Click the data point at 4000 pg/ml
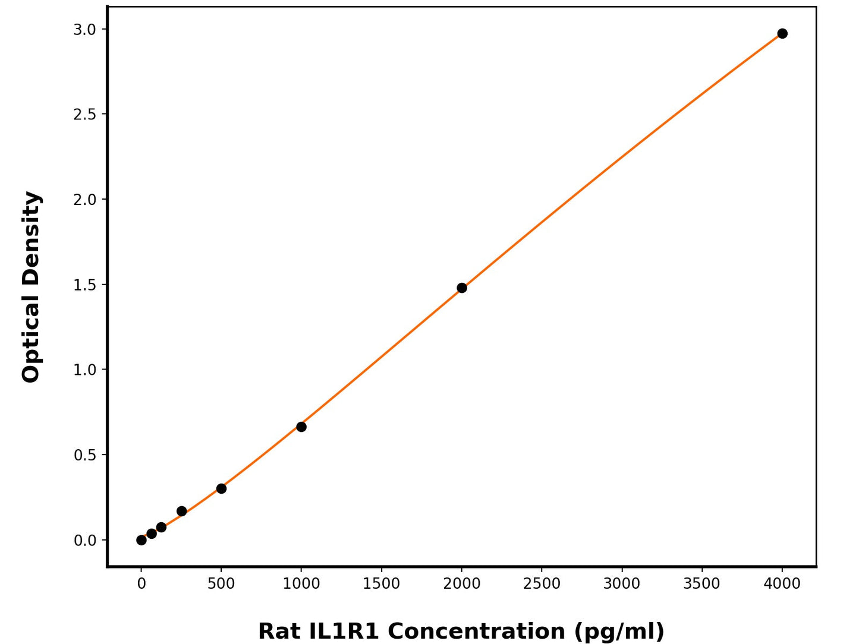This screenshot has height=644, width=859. tap(782, 33)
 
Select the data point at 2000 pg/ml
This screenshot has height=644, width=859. tap(462, 288)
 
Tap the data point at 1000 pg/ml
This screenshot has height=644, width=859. tap(301, 427)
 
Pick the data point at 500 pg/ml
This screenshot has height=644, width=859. tap(221, 488)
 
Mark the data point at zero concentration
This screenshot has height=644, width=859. tap(141, 540)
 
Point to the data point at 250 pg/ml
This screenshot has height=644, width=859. tap(181, 511)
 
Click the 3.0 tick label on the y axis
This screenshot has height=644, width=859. tap(84, 29)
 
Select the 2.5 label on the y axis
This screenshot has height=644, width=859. tap(84, 114)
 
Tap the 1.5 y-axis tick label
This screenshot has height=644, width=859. tap(84, 285)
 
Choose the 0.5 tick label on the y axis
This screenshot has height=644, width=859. tap(84, 455)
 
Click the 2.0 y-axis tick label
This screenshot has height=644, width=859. tap(84, 200)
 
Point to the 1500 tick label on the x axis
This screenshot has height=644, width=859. tap(382, 584)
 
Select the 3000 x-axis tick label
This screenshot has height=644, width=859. tap(622, 584)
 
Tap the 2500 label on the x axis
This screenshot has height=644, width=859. tap(542, 584)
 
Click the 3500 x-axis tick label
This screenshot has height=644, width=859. tap(702, 584)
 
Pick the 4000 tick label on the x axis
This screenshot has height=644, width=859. tap(782, 584)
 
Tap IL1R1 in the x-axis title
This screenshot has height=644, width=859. tap(344, 631)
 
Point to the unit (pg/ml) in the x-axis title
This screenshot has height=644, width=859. tap(619, 631)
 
